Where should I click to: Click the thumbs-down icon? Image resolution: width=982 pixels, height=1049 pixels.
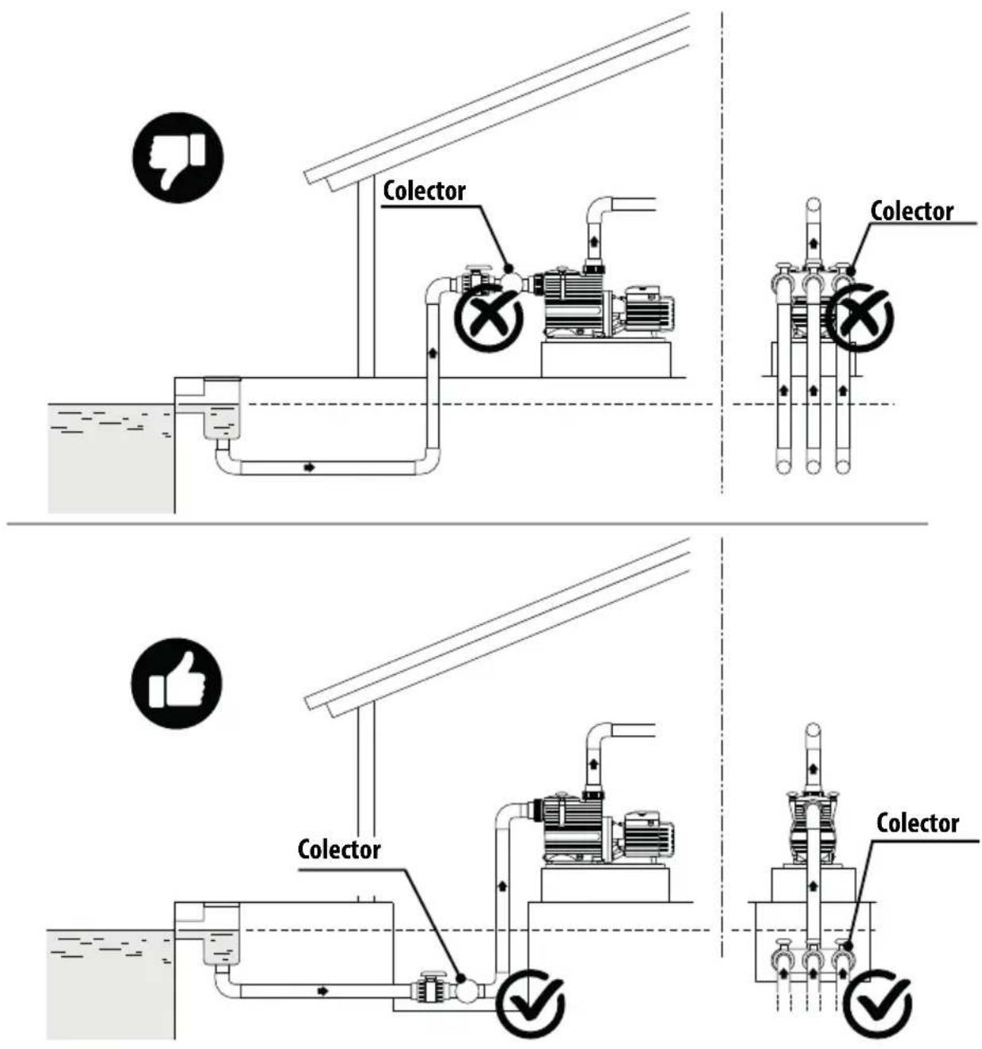click(178, 157)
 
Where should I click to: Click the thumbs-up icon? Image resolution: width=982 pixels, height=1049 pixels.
click(176, 683)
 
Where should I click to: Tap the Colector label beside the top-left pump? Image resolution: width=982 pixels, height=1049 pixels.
click(424, 191)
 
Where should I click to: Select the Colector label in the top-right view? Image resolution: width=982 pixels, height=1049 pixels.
click(911, 211)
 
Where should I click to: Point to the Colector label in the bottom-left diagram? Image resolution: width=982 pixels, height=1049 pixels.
click(339, 849)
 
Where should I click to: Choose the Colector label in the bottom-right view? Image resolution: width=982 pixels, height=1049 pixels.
click(918, 823)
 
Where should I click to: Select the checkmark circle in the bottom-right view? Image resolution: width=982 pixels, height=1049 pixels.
click(877, 1004)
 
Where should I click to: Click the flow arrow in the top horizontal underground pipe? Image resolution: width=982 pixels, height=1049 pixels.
click(309, 467)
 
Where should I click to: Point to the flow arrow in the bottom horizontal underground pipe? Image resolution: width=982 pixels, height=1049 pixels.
click(322, 991)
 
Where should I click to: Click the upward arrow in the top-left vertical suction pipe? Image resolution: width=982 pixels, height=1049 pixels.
click(433, 352)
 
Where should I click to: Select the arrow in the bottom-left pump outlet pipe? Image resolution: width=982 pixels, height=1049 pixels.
click(594, 763)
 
